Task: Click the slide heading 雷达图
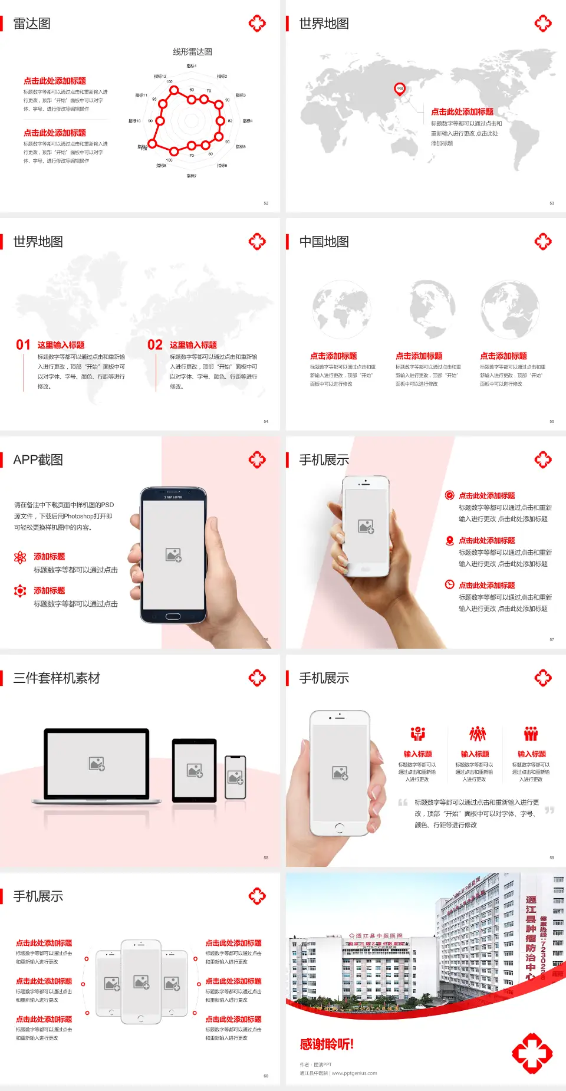coord(32,24)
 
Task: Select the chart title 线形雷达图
coord(192,52)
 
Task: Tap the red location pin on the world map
coord(399,89)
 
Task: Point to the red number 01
coord(23,345)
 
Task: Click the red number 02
coord(155,345)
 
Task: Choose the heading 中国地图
coord(324,242)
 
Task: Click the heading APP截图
coord(38,460)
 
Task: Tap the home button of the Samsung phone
coord(173,616)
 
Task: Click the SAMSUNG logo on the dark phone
coord(173,497)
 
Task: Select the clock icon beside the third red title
coord(449,584)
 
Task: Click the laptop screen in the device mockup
coord(97,764)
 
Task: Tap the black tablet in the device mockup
coord(195,770)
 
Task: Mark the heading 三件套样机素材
coord(57,678)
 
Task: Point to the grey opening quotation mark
coord(403,803)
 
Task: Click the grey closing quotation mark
coord(549,810)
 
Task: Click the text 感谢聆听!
coord(327,1044)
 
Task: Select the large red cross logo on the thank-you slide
coord(532,1053)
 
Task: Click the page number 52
coord(266,203)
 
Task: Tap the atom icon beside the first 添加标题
coord(20,557)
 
